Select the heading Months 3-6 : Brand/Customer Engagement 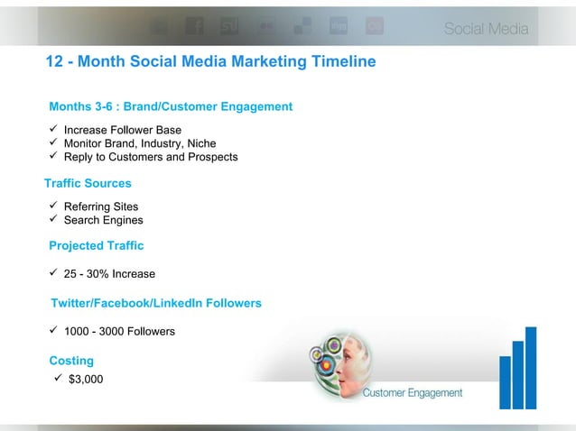click(171, 106)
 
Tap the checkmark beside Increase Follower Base click(53, 129)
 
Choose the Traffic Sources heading click(88, 183)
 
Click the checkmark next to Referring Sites click(53, 206)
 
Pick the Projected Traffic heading click(96, 245)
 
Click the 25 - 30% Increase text click(109, 274)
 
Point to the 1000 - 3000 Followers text click(119, 332)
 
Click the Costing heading click(71, 361)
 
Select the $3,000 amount click(86, 379)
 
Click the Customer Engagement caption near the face click(413, 393)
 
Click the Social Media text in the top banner click(486, 30)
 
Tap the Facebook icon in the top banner click(194, 28)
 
